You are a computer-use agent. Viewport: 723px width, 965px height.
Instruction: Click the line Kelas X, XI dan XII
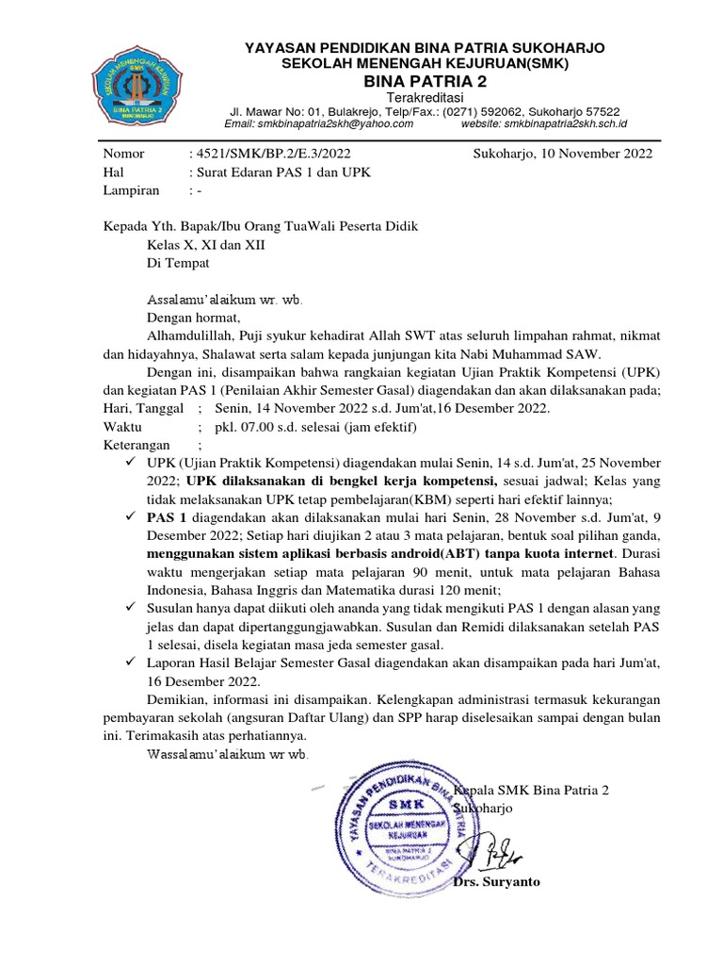pos(206,244)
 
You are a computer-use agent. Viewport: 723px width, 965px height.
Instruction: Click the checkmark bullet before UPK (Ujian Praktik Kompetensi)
pos(130,464)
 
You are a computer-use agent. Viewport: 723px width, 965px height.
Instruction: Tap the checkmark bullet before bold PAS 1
pos(130,518)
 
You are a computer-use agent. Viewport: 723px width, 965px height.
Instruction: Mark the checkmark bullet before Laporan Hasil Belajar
pos(130,663)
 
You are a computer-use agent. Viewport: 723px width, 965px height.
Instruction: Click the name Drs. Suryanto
pos(496,883)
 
